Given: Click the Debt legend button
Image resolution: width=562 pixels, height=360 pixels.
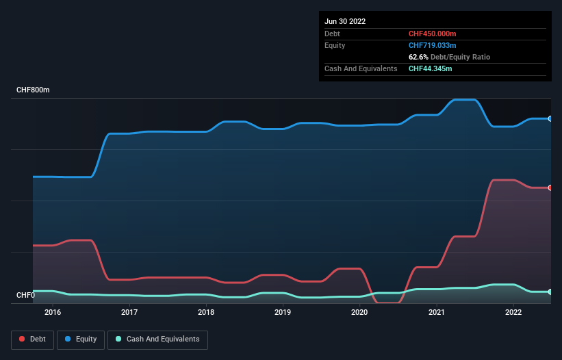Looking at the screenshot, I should pyautogui.click(x=32, y=339).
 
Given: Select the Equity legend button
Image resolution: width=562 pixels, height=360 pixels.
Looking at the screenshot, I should pyautogui.click(x=81, y=339).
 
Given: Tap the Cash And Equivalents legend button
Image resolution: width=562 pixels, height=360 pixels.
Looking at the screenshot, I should pyautogui.click(x=157, y=339).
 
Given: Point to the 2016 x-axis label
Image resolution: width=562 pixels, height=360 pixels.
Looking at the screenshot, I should pyautogui.click(x=53, y=313).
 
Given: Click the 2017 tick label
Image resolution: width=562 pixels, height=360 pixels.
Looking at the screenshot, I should pyautogui.click(x=129, y=313).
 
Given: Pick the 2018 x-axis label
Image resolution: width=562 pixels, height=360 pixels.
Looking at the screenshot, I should pyautogui.click(x=206, y=313).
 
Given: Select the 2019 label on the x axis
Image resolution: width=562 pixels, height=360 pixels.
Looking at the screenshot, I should pyautogui.click(x=283, y=313).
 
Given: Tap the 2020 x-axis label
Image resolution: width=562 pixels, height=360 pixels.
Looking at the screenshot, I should pyautogui.click(x=360, y=313).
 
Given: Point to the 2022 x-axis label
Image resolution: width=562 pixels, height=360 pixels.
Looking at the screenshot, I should pyautogui.click(x=514, y=313).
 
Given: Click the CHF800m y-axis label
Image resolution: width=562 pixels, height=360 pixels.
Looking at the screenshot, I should pyautogui.click(x=33, y=90).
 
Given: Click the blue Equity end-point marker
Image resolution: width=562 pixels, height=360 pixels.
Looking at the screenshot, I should pyautogui.click(x=550, y=118).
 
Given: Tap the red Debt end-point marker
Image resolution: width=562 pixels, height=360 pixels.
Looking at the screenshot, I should pyautogui.click(x=550, y=188).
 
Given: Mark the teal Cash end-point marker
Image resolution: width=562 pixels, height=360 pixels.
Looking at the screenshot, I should pyautogui.click(x=550, y=292).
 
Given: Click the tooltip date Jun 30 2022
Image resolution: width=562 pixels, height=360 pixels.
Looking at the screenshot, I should pyautogui.click(x=345, y=21).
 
